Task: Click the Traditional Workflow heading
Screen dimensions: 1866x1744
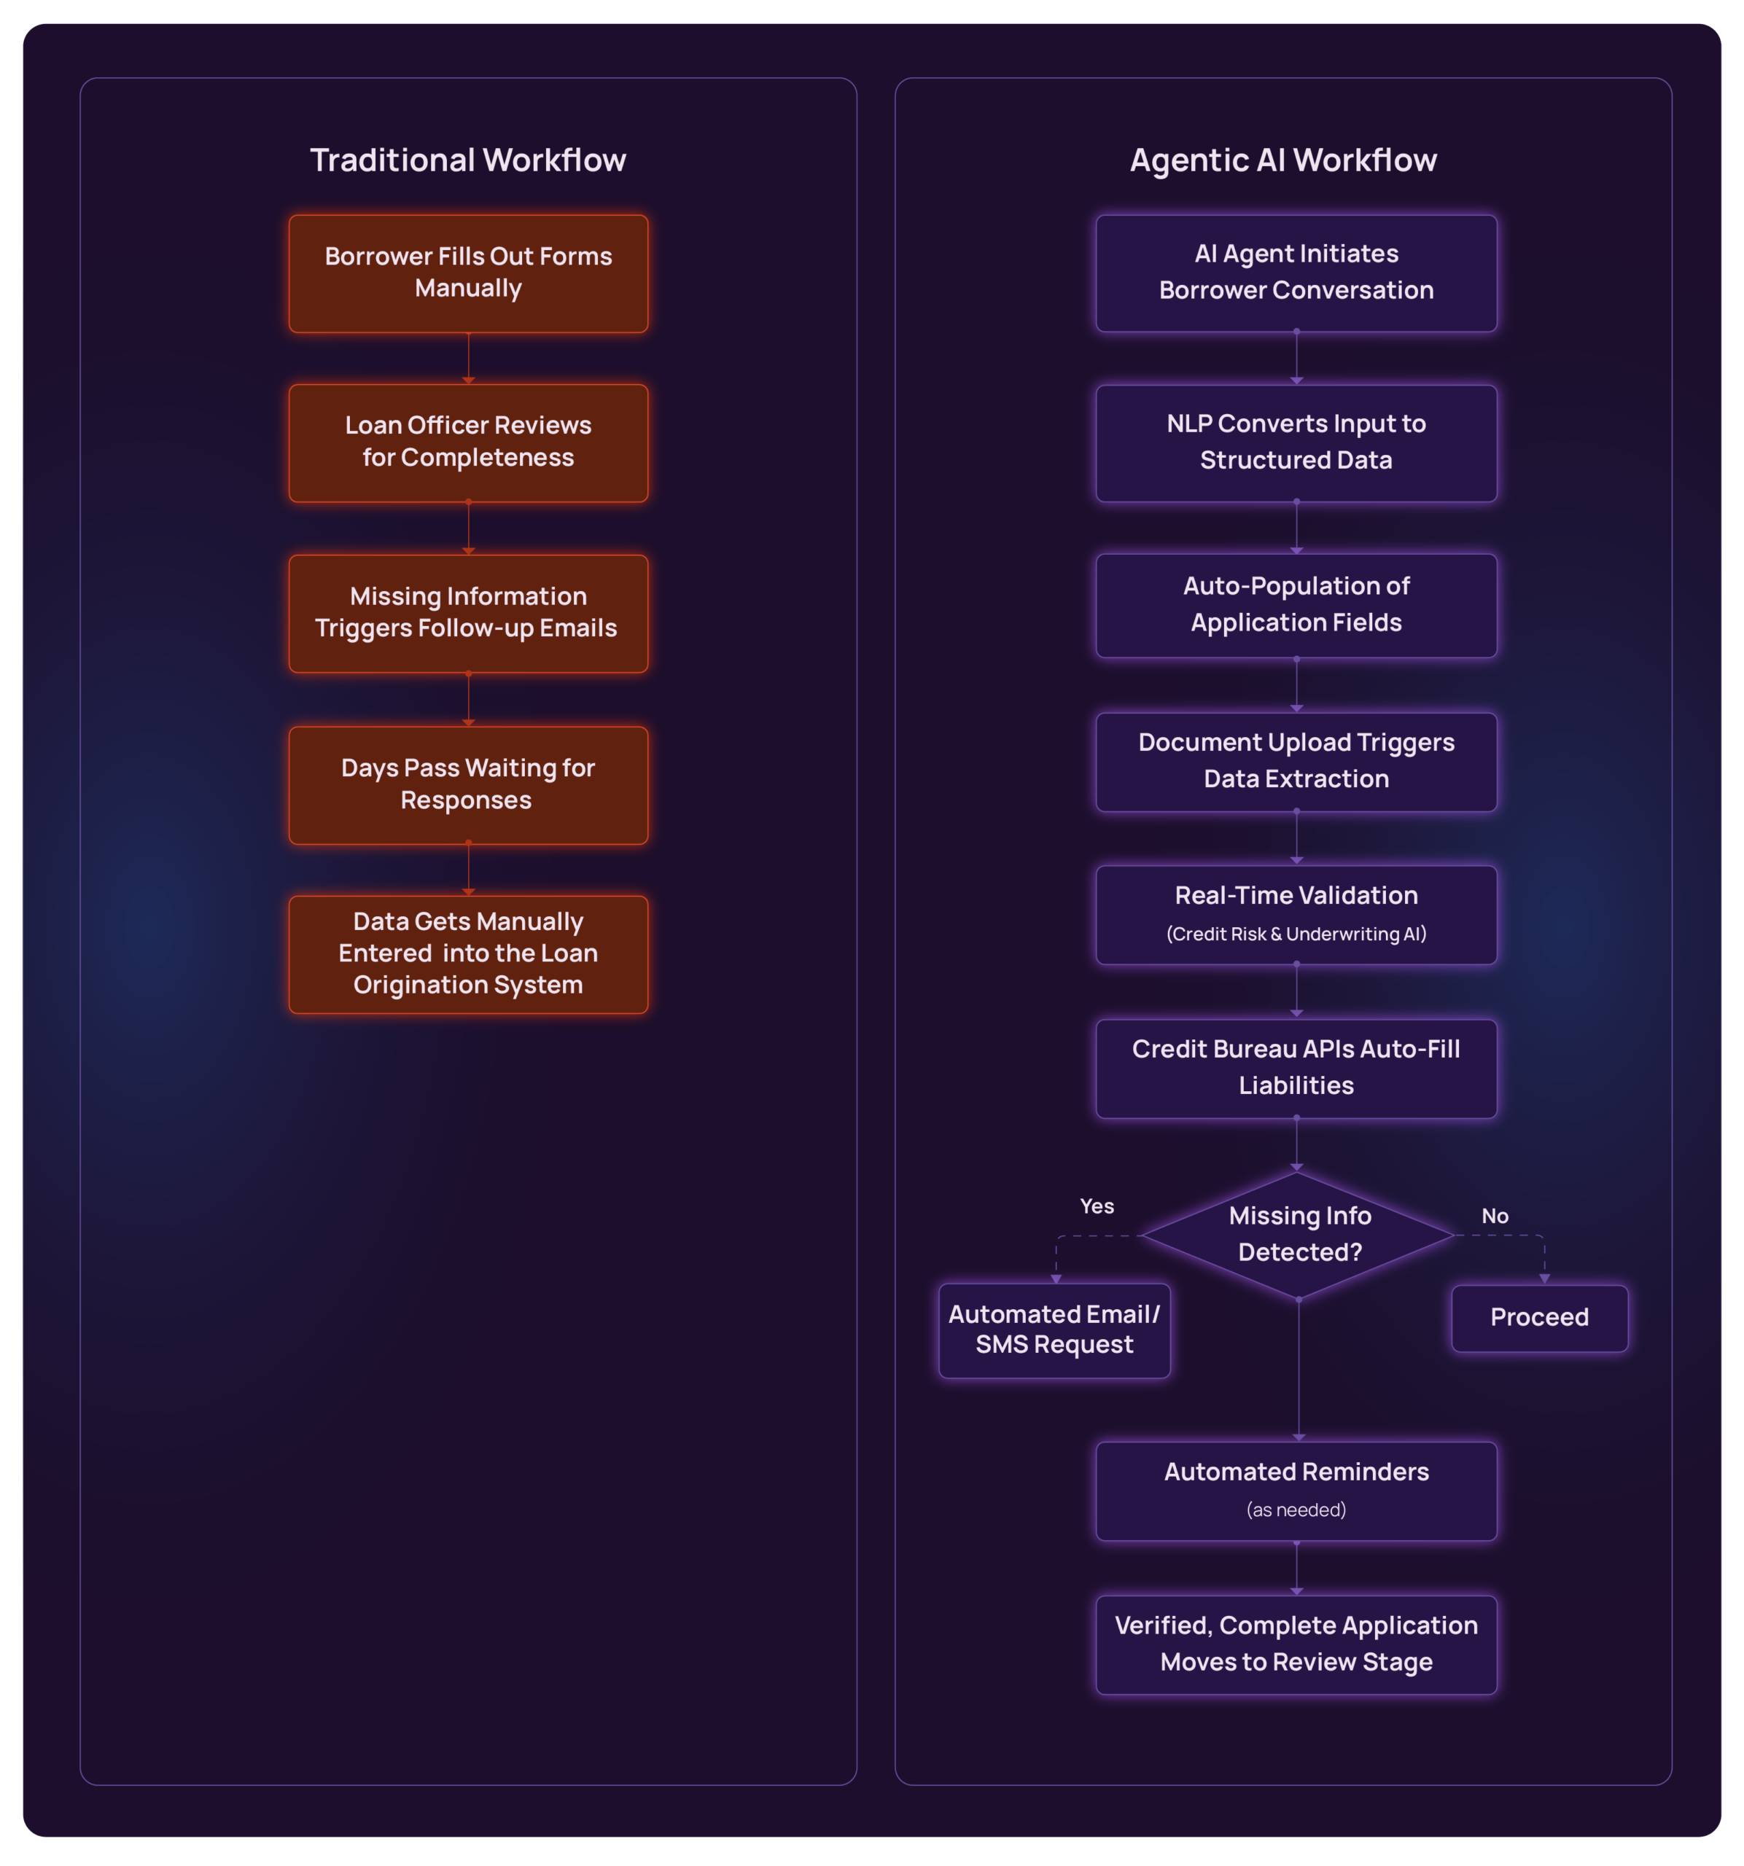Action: pos(467,160)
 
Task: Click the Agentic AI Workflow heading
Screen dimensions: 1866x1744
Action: pos(1282,160)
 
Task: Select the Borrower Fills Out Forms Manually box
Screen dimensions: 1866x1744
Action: pos(467,273)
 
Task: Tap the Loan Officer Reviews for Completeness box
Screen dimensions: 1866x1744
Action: pos(467,442)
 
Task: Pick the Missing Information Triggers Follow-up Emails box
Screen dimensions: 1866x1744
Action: pos(467,613)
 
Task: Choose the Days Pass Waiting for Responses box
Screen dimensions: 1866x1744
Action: pos(467,785)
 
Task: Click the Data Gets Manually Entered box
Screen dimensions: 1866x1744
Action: pos(467,953)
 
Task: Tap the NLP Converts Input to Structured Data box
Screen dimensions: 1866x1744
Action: pos(1296,442)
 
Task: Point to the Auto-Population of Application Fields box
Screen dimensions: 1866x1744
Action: pos(1296,604)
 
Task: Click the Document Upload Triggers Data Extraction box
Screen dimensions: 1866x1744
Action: pos(1296,761)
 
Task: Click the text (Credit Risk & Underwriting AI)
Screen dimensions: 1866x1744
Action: pos(1296,934)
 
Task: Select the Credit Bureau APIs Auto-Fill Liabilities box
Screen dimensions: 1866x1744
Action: pos(1296,1067)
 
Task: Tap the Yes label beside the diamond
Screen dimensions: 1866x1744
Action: pos(1097,1206)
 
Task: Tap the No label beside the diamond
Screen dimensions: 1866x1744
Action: pos(1495,1216)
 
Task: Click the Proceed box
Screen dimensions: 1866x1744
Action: pos(1538,1317)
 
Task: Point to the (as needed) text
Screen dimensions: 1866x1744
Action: pos(1296,1510)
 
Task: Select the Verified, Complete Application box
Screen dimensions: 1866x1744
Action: pos(1296,1644)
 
